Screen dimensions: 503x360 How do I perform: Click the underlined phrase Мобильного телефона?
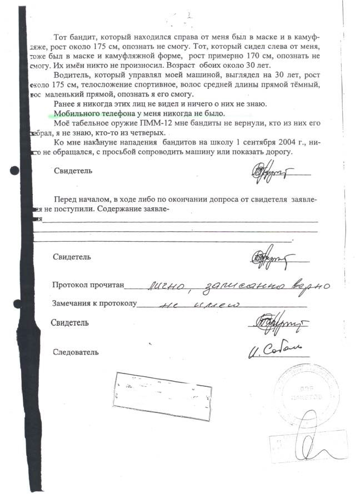89,113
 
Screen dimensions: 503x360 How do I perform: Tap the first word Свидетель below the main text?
73,171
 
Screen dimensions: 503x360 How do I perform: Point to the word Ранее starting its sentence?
64,103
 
